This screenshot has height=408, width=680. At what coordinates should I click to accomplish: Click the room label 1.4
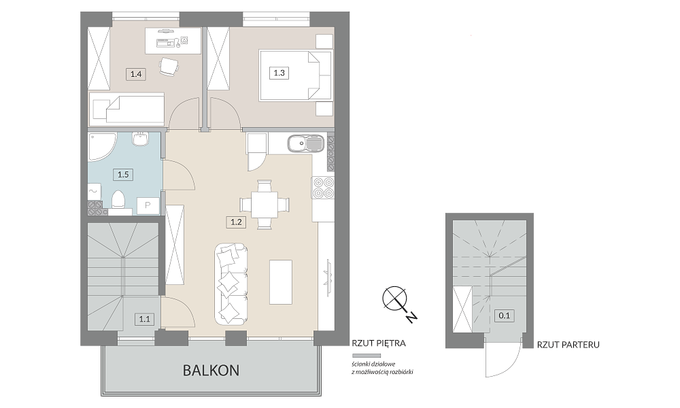[x=136, y=74]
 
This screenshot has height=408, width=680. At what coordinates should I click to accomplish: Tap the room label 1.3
[x=279, y=72]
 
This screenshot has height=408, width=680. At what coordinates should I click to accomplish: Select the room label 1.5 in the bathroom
[x=123, y=175]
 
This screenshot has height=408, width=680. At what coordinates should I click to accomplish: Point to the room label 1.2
[x=236, y=222]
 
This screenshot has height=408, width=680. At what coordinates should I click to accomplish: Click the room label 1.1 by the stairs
[x=144, y=320]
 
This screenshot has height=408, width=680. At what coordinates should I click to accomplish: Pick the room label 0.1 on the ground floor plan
[x=505, y=316]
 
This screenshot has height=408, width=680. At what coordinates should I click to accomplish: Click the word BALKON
[x=211, y=371]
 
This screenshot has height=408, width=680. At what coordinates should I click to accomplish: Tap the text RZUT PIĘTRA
[x=379, y=343]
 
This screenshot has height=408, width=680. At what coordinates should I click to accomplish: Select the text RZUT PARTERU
[x=568, y=345]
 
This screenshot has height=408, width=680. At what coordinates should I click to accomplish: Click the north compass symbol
[x=395, y=299]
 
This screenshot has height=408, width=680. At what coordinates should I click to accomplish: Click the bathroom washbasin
[x=141, y=139]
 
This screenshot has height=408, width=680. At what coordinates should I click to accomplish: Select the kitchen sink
[x=305, y=143]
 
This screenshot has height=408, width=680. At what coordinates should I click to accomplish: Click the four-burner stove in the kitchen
[x=324, y=188]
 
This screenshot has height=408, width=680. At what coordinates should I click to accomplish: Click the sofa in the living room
[x=231, y=284]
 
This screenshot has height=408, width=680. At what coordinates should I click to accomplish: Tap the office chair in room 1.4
[x=168, y=67]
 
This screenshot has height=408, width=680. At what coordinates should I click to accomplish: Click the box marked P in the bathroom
[x=148, y=205]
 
